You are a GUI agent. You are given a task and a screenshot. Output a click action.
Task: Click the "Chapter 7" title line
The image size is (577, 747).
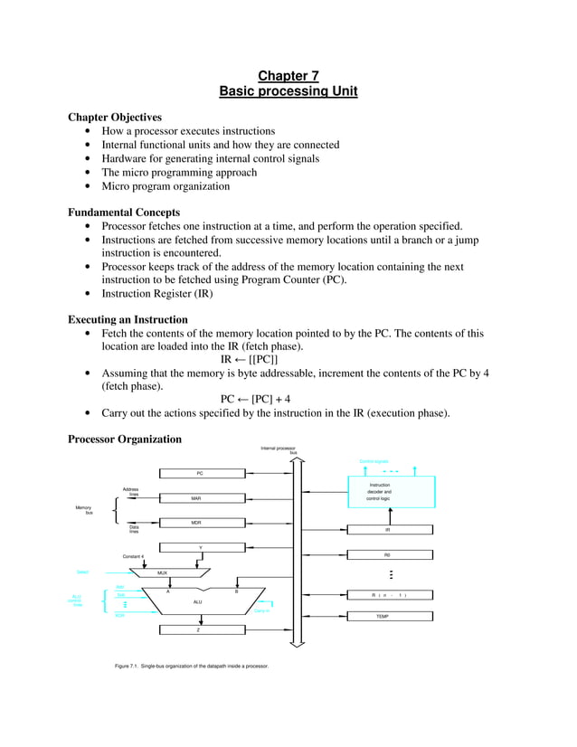pyautogui.click(x=288, y=76)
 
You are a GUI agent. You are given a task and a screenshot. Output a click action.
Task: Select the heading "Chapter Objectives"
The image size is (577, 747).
pyautogui.click(x=115, y=117)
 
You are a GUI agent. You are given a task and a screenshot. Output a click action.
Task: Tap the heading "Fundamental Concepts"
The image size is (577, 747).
pyautogui.click(x=124, y=213)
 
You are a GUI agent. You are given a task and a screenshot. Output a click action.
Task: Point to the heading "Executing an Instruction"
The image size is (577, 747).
pyautogui.click(x=128, y=319)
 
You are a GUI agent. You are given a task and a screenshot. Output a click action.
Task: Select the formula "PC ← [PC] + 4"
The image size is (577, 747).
pyautogui.click(x=255, y=399)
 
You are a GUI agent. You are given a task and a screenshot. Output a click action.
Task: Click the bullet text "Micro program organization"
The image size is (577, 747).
pyautogui.click(x=166, y=186)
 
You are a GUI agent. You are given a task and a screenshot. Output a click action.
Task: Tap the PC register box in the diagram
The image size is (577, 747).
pyautogui.click(x=200, y=473)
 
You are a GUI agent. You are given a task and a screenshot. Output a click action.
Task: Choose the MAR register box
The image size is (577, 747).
pyautogui.click(x=196, y=498)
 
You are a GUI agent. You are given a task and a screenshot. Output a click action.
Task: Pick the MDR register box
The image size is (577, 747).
pyautogui.click(x=196, y=523)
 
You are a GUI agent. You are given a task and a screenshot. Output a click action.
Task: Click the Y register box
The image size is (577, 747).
pyautogui.click(x=200, y=547)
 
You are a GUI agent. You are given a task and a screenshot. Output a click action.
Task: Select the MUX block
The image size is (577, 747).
pyautogui.click(x=163, y=572)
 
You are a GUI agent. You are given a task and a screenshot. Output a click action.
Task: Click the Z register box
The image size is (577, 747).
pyautogui.click(x=200, y=629)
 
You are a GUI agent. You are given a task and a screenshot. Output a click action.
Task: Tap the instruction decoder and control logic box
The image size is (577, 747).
pyautogui.click(x=379, y=492)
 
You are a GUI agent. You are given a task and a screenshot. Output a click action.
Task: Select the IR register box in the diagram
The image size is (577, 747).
pyautogui.click(x=387, y=530)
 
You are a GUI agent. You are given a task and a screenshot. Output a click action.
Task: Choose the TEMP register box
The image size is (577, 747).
pyautogui.click(x=387, y=615)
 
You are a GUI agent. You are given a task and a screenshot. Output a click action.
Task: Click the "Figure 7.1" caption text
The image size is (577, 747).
pyautogui.click(x=192, y=667)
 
